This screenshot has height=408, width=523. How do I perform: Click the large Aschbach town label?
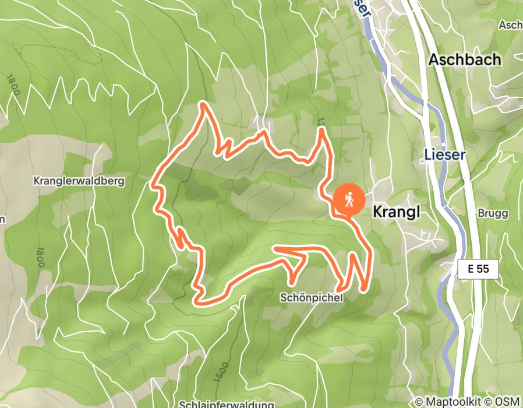[464, 59]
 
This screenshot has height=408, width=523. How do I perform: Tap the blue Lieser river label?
[444, 154]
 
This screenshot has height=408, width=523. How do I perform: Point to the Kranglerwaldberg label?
[79, 181]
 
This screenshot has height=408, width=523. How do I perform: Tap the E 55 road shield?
[478, 269]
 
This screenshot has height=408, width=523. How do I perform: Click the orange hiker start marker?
[348, 201]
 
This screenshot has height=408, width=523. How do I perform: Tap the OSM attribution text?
[509, 401]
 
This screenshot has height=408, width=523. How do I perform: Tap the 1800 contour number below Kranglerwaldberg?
[40, 257]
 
